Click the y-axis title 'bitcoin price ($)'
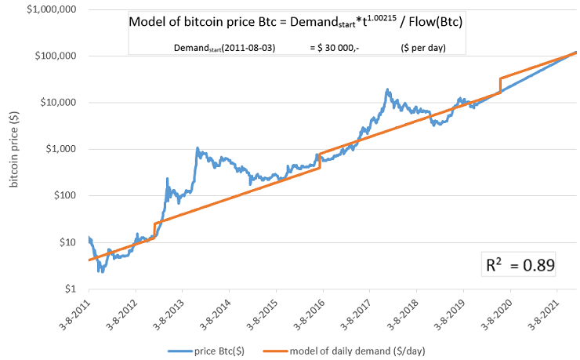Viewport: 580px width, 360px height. pyautogui.click(x=13, y=149)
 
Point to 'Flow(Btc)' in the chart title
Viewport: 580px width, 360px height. pyautogui.click(x=436, y=23)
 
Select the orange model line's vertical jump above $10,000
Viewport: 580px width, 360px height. pyautogui.click(x=500, y=85)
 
